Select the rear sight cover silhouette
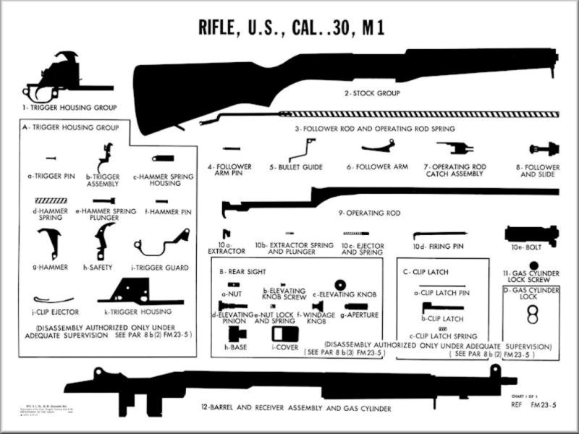click(x=284, y=334)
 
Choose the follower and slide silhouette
click(x=544, y=149)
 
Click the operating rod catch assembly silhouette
click(x=454, y=148)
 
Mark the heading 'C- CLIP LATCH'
click(x=426, y=272)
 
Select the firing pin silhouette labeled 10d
click(x=439, y=234)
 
